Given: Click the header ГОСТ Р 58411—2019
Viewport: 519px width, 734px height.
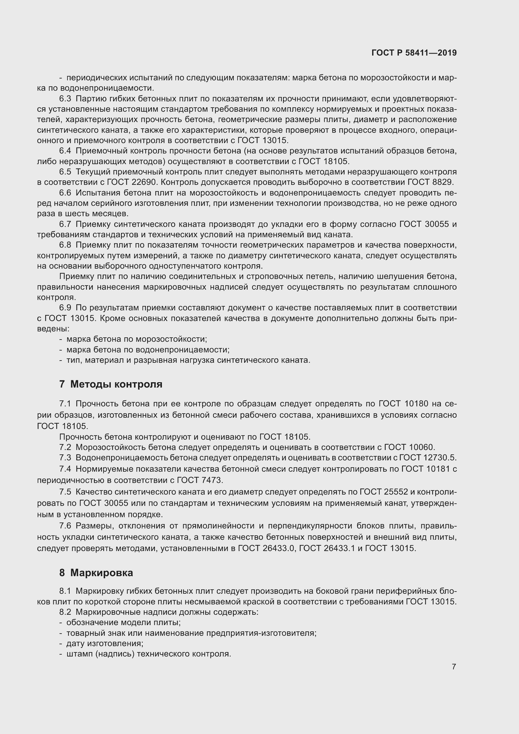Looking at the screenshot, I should pyautogui.click(x=414, y=53).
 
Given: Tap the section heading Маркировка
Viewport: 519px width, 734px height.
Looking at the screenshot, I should pyautogui.click(x=102, y=573).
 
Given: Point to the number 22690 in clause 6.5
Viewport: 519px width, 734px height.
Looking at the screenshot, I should pyautogui.click(x=143, y=182).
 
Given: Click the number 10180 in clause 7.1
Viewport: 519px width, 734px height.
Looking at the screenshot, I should pyautogui.click(x=416, y=404).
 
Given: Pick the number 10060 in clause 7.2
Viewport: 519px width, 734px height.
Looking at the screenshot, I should pyautogui.click(x=421, y=447).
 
